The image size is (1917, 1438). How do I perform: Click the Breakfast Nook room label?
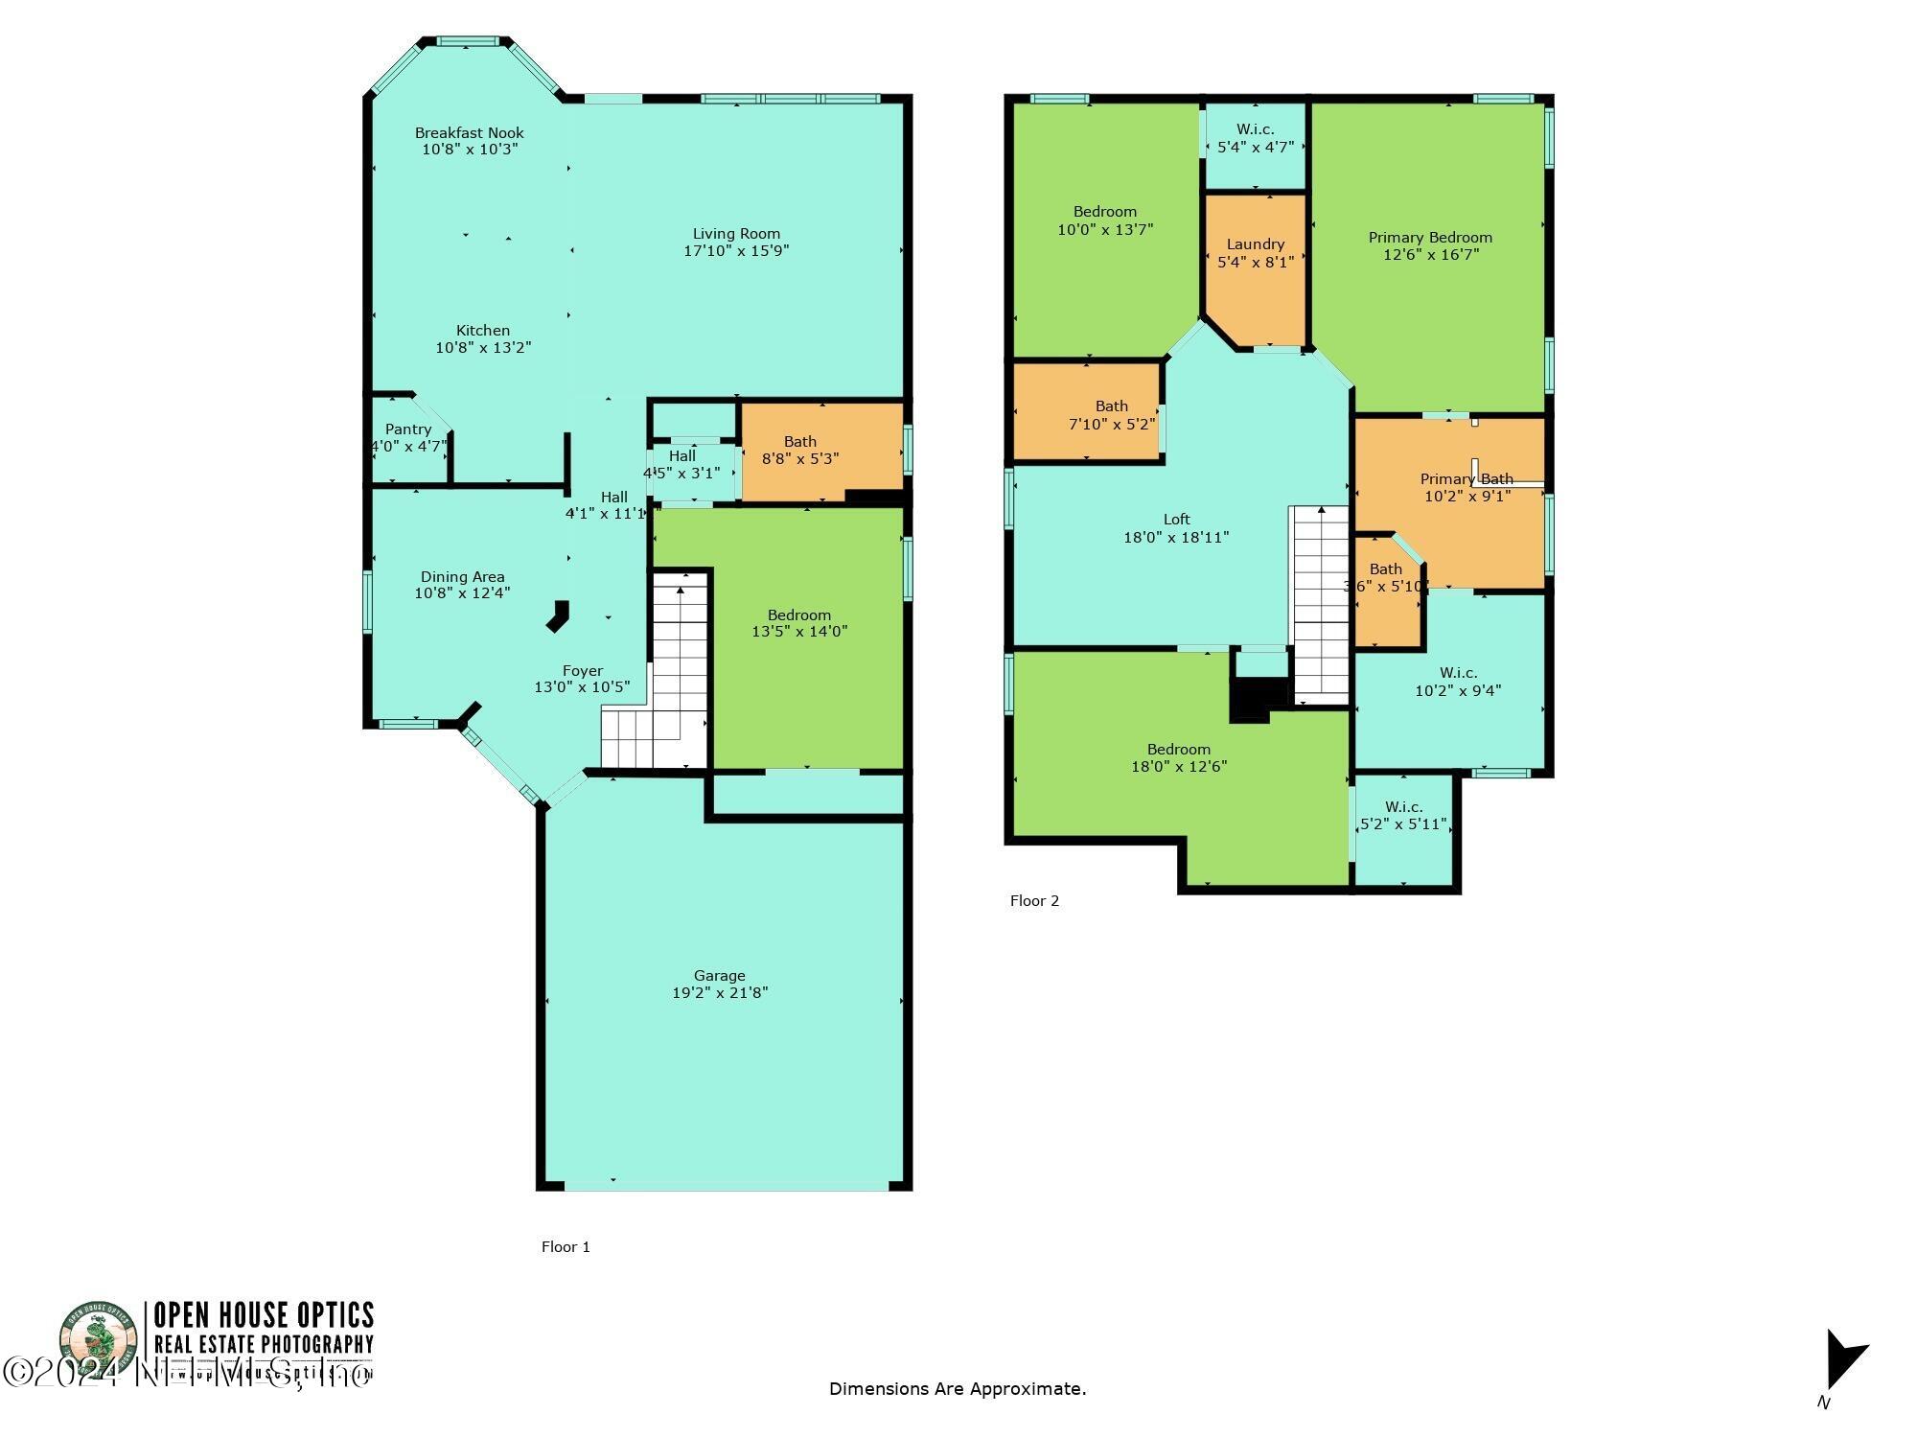469,132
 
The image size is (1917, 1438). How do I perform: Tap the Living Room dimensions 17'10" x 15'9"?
736,251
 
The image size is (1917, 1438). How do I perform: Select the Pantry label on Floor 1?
408,429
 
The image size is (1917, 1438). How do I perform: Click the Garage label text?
719,975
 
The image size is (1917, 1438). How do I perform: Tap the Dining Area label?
462,576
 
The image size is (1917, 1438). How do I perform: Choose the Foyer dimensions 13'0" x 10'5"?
581,687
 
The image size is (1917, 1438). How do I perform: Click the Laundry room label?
1255,244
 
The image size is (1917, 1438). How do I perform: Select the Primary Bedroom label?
1429,237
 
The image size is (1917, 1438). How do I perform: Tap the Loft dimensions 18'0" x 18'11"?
1175,538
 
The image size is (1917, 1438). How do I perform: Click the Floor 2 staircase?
1321,604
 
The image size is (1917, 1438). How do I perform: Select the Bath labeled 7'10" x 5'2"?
1111,414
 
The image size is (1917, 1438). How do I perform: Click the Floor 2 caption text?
1034,900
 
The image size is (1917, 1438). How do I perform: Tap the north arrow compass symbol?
1844,1359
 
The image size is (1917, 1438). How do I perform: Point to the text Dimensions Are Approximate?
957,1388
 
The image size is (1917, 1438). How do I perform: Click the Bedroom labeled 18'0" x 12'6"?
1178,757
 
